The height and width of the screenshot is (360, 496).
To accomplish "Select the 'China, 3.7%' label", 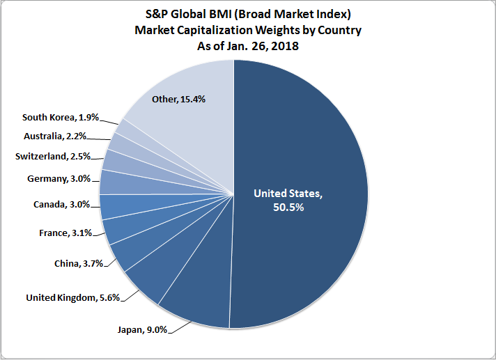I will click(x=79, y=263).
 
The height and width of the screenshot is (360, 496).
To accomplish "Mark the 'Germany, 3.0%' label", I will click(x=59, y=179).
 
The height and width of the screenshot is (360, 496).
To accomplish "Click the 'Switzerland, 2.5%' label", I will click(x=52, y=156).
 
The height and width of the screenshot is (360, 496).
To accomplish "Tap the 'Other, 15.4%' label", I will click(x=178, y=99).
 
